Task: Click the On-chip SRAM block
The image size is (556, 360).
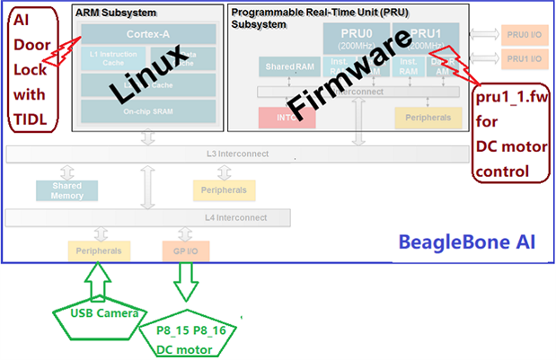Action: (148, 111)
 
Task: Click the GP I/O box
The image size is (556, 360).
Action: (187, 250)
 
